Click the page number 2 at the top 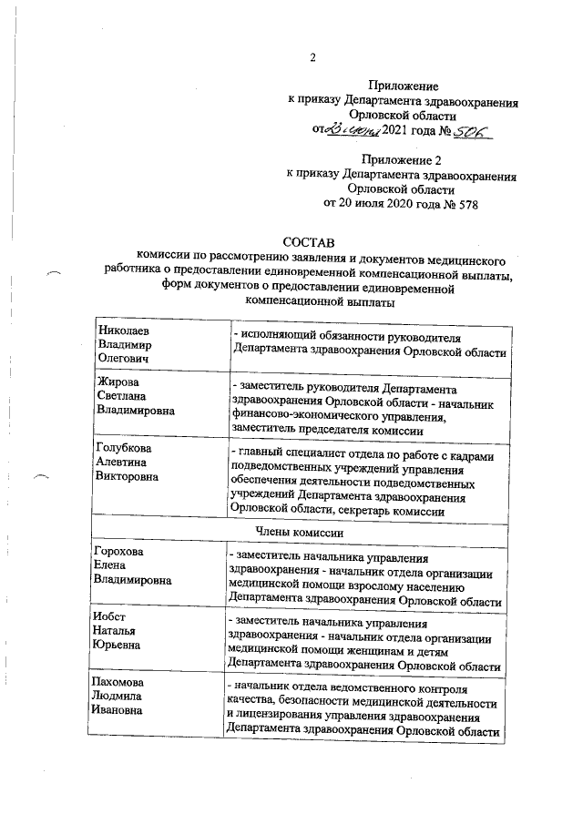tap(312, 60)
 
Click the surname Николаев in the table tap(122, 332)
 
